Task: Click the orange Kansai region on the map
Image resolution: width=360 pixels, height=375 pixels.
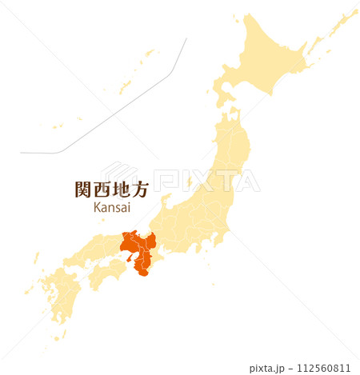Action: pyautogui.click(x=138, y=248)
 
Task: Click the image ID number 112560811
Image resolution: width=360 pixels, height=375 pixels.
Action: pyautogui.click(x=323, y=369)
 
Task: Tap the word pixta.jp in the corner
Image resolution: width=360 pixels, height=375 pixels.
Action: pyautogui.click(x=269, y=369)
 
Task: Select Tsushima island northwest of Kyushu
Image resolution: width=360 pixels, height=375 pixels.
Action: pyautogui.click(x=36, y=257)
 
